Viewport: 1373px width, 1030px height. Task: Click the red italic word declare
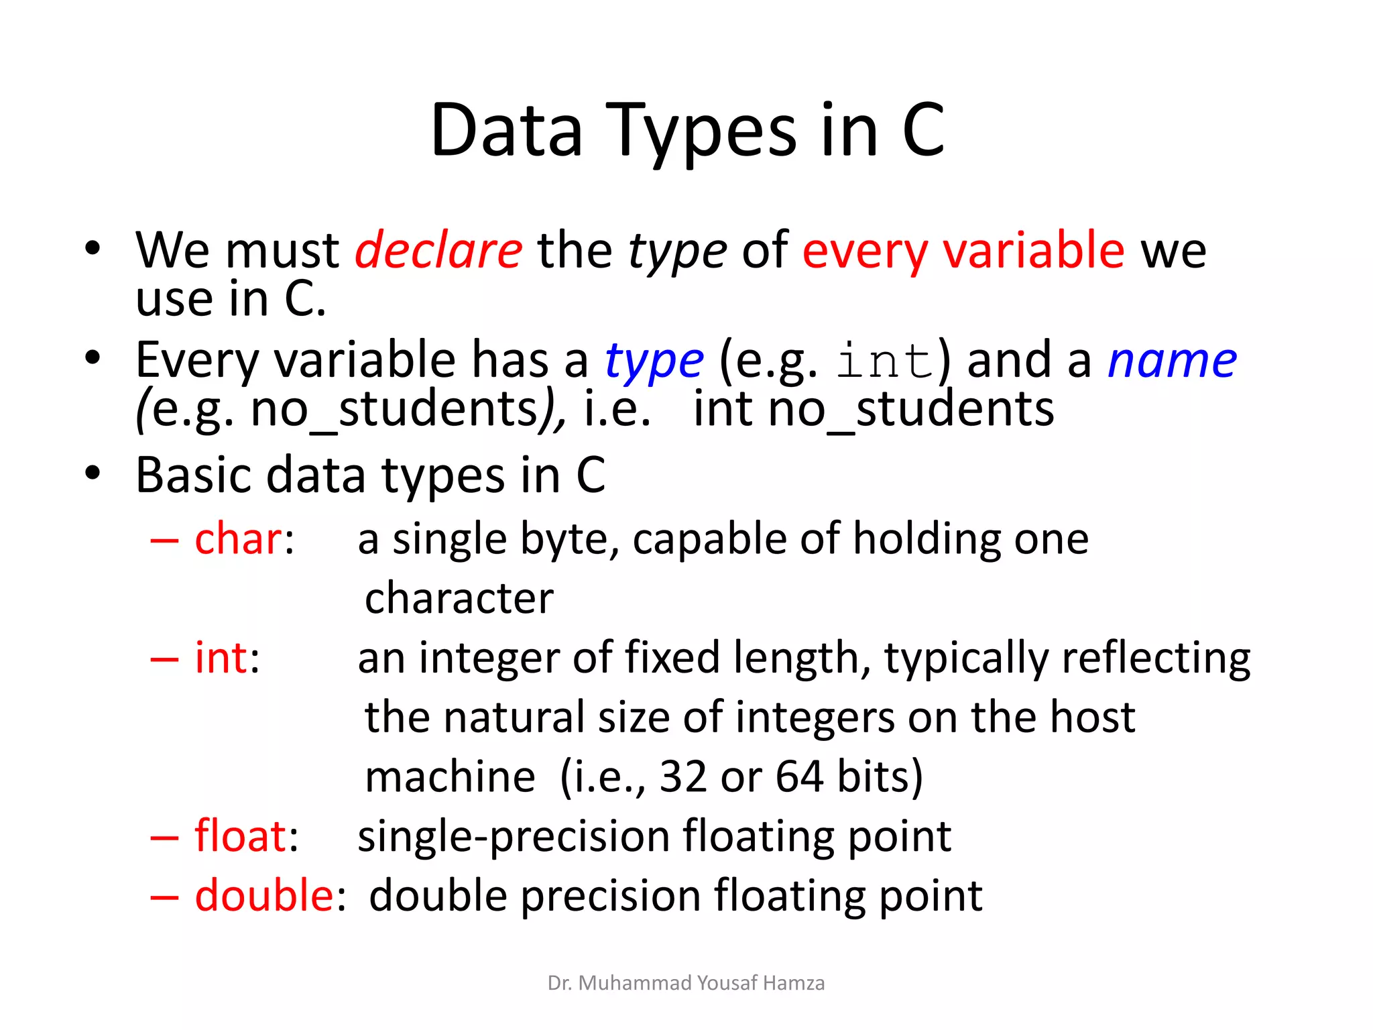click(x=438, y=250)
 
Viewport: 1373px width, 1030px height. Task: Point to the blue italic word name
click(x=1172, y=361)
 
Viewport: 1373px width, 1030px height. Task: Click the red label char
click(x=239, y=539)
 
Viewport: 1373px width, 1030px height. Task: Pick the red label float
click(x=240, y=836)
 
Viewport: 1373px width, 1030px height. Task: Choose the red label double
click(x=264, y=895)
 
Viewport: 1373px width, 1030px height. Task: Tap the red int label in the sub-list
click(x=221, y=658)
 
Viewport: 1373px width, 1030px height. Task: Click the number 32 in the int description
click(x=683, y=777)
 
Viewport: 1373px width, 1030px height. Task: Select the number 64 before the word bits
click(x=799, y=777)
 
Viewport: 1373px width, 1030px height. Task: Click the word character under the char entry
click(x=459, y=598)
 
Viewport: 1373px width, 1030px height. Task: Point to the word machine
click(x=450, y=777)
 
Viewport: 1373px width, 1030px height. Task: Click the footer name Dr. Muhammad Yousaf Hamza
click(x=686, y=983)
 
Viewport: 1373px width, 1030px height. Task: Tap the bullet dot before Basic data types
click(x=93, y=473)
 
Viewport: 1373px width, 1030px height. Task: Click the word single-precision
click(x=513, y=837)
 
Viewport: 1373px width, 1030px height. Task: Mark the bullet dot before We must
click(x=93, y=249)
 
